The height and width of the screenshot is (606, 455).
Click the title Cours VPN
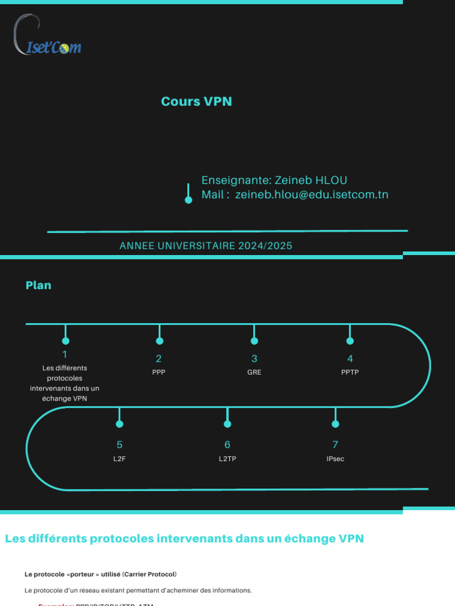click(196, 101)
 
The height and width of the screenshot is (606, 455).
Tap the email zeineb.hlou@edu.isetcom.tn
click(312, 195)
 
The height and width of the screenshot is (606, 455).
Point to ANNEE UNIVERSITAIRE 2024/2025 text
click(206, 246)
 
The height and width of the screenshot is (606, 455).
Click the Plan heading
click(39, 285)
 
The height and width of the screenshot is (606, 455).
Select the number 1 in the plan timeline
click(65, 354)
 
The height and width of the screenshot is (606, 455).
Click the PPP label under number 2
click(159, 372)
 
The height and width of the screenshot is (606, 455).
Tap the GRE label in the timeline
click(254, 372)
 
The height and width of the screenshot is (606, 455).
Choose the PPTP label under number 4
click(350, 372)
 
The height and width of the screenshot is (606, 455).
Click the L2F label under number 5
click(120, 459)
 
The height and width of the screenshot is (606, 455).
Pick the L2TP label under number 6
click(227, 459)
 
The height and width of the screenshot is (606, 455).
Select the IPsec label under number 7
click(335, 459)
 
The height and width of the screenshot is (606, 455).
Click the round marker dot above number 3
click(254, 341)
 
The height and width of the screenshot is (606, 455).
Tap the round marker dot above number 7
click(335, 424)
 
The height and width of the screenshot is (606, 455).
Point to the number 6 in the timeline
click(227, 444)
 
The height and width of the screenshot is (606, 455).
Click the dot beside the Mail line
click(188, 200)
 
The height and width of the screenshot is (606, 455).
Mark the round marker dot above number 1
click(66, 340)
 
